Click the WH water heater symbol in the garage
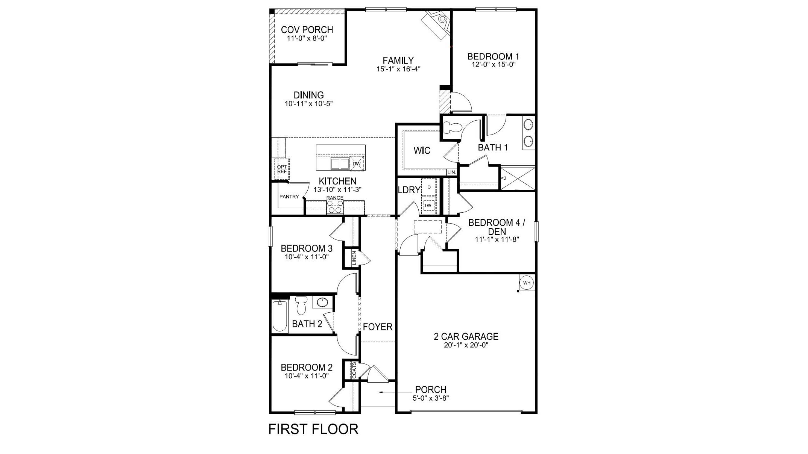coord(527,282)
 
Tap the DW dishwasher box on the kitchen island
coord(357,163)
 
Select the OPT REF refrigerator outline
coord(282,169)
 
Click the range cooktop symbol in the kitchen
coord(335,207)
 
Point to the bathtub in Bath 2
coord(279,316)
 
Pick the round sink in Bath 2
coord(322,302)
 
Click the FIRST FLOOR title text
coord(313,429)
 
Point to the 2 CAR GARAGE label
coord(466,336)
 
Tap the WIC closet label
coord(422,151)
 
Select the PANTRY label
coord(289,197)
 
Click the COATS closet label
coord(354,370)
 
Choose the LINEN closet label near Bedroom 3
coord(354,258)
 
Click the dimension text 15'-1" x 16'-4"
coord(398,69)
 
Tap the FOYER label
coord(378,327)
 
